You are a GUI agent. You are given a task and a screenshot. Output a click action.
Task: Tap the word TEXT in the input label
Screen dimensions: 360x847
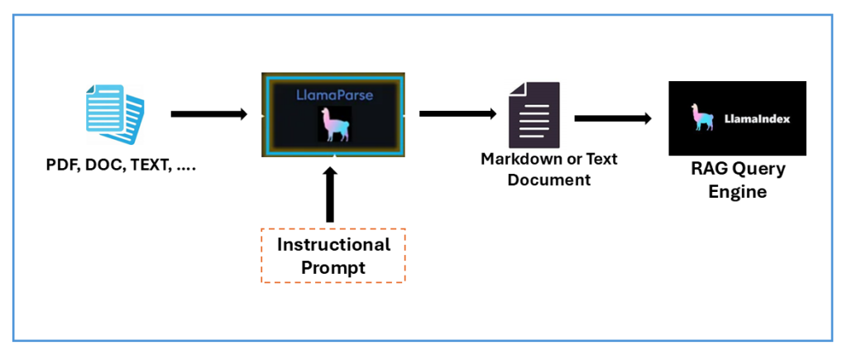click(151, 166)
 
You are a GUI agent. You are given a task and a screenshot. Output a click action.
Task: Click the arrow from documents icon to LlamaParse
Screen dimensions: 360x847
click(208, 113)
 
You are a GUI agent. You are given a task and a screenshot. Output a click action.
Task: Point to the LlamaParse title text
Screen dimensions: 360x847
click(334, 95)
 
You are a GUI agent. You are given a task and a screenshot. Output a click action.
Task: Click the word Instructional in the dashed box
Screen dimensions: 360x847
click(333, 245)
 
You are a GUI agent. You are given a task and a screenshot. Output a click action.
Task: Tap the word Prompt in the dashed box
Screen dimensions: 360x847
click(333, 268)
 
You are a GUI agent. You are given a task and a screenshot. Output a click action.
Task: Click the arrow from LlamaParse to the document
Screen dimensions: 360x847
click(457, 113)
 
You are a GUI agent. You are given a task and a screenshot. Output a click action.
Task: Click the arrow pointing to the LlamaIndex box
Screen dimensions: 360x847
click(612, 118)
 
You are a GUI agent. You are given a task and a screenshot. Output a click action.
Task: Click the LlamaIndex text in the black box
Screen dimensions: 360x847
click(756, 119)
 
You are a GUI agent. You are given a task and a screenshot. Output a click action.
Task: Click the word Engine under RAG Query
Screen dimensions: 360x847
click(736, 193)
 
